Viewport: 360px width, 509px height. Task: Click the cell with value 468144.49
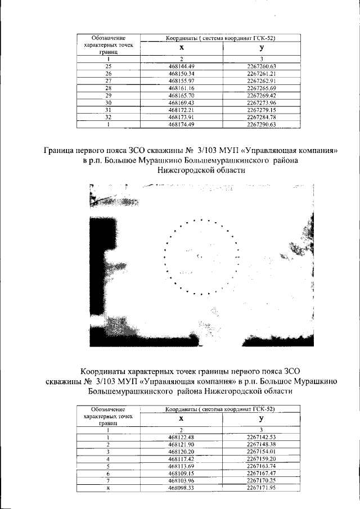pos(181,66)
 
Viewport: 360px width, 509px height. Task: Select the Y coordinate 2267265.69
pos(261,88)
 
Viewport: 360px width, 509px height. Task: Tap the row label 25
pos(109,66)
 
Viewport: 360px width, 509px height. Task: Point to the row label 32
pos(109,117)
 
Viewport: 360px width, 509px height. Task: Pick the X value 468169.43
pos(181,102)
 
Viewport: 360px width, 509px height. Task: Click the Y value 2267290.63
pos(261,124)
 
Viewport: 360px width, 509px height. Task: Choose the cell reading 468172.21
pos(181,110)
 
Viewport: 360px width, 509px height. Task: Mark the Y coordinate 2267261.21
pos(261,74)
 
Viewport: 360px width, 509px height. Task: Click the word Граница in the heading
pos(61,150)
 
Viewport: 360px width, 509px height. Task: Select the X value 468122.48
pos(181,437)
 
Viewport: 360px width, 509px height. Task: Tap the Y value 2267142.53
pos(262,437)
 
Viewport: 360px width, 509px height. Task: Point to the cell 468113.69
pos(181,466)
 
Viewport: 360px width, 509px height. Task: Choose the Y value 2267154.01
pos(262,452)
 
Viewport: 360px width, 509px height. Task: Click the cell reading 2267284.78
pos(261,117)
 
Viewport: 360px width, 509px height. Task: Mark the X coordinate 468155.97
pos(181,81)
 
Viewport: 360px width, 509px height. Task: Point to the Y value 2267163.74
pos(262,466)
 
